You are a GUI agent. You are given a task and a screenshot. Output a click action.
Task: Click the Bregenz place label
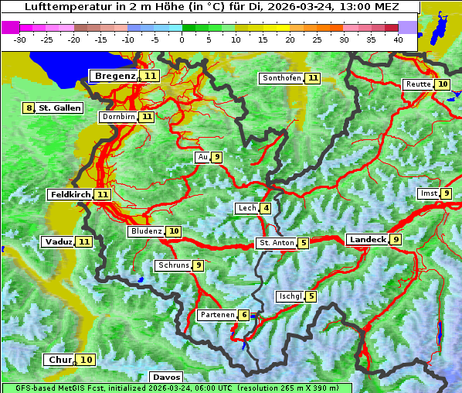[x=116, y=76]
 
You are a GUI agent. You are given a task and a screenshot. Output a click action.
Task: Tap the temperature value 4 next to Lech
[x=266, y=208]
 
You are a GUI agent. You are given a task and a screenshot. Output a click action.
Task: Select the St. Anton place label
[x=277, y=243]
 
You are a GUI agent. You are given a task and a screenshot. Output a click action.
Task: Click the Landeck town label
[x=367, y=240]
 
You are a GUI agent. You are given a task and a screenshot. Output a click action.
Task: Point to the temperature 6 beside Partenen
[x=243, y=315]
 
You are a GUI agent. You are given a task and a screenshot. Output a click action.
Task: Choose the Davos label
[x=167, y=377]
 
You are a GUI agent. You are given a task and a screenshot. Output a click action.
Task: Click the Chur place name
[x=60, y=360]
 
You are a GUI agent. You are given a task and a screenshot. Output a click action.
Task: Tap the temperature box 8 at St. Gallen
[x=29, y=108]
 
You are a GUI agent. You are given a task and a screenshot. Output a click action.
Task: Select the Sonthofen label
[x=281, y=78]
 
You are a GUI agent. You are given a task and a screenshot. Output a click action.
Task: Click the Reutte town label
[x=418, y=84]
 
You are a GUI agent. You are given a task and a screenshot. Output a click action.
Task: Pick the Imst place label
[x=428, y=193]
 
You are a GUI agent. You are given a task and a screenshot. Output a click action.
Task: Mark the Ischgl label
[x=290, y=296]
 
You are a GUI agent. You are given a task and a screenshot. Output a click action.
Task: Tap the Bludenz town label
[x=147, y=231]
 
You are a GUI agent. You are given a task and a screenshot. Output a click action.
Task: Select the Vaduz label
[x=59, y=241]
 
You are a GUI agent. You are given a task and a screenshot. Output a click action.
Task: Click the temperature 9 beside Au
[x=217, y=157]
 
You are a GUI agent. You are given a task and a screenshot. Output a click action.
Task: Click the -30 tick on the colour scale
[x=20, y=39]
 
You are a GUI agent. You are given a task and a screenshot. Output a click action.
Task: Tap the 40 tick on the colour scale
[x=398, y=39]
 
